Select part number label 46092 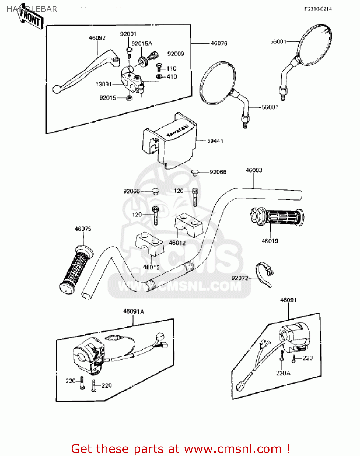97,38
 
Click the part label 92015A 142,43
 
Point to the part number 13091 104,84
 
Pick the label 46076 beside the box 219,43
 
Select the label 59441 215,141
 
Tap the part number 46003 254,170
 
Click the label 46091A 134,311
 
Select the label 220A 283,373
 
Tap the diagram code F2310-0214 318,9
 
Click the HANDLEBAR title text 32,9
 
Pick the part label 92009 176,54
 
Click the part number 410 172,77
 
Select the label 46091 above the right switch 288,300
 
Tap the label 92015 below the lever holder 108,98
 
